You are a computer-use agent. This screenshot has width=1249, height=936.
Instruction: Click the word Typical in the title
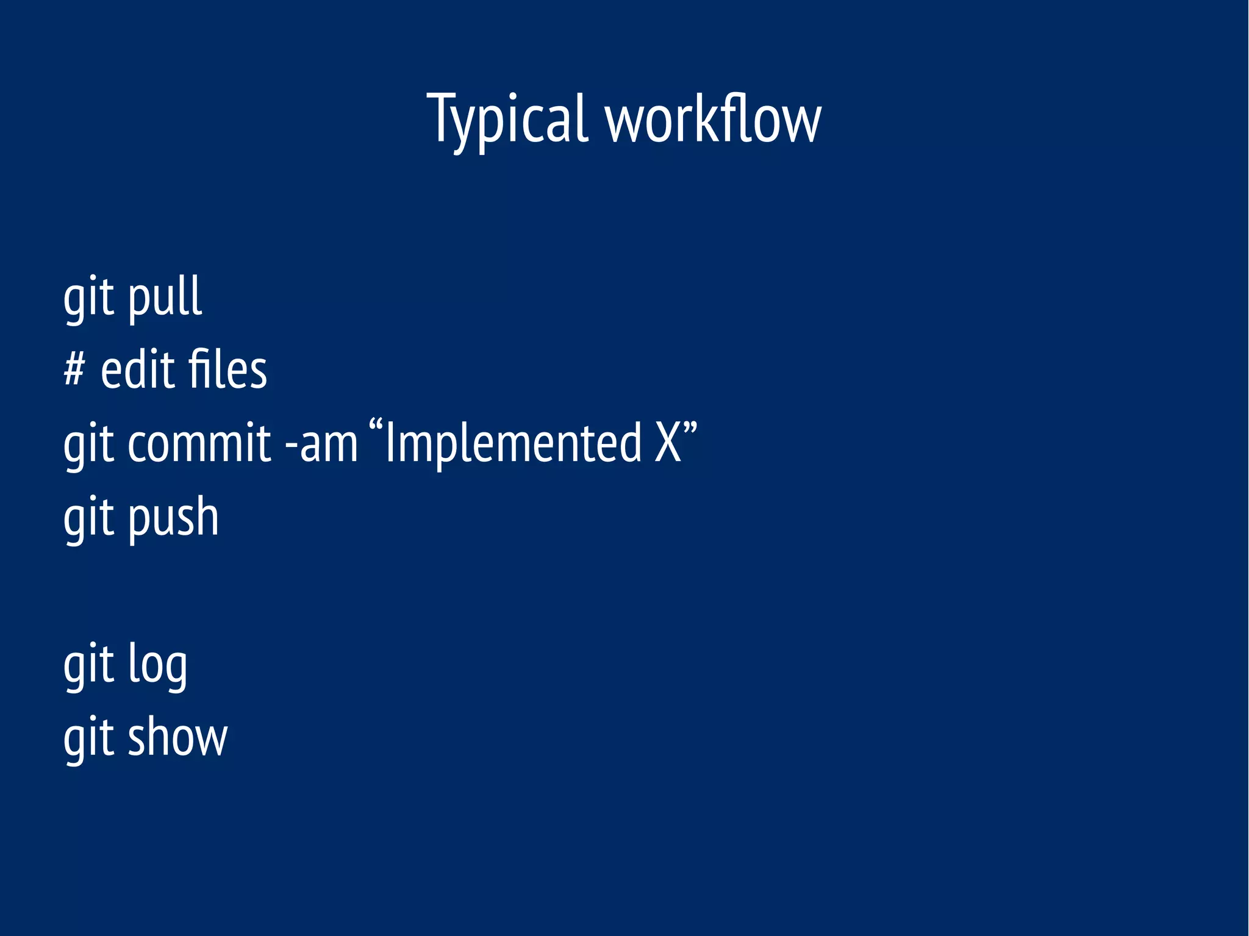point(507,120)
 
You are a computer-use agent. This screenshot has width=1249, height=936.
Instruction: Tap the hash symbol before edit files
point(74,370)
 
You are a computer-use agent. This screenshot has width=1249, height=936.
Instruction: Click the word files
point(227,370)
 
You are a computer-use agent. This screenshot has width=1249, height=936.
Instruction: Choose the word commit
point(199,443)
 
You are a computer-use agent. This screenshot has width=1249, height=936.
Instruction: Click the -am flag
point(321,443)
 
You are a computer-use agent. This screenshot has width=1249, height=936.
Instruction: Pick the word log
point(157,665)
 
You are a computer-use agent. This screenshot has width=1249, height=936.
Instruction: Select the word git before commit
point(89,445)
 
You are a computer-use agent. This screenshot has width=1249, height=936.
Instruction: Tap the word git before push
point(89,518)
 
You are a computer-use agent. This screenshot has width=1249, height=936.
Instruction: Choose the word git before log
point(89,666)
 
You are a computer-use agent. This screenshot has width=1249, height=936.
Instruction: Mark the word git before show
point(89,739)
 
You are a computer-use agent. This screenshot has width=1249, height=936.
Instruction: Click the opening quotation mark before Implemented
point(376,427)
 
